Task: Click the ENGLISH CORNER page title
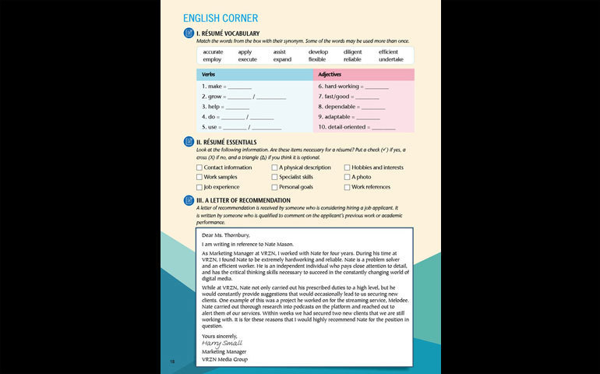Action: tap(221, 18)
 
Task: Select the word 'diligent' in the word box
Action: tap(353, 52)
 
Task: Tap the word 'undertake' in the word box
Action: tap(391, 59)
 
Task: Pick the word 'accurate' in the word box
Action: tap(213, 52)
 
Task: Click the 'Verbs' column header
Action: tap(209, 75)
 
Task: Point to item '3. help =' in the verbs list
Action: tap(214, 106)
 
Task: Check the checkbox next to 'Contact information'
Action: tap(199, 168)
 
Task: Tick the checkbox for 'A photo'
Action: tap(347, 177)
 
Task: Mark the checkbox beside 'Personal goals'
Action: tap(274, 187)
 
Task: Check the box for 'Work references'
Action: tap(347, 187)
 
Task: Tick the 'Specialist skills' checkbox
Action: tap(274, 177)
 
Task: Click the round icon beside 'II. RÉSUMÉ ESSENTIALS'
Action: tap(188, 142)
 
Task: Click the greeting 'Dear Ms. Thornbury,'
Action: tap(225, 235)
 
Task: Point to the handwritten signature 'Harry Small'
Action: tap(222, 342)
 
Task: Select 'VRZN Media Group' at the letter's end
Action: tap(224, 359)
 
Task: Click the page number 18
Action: tap(172, 361)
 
